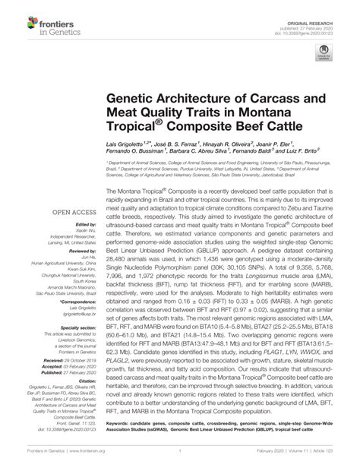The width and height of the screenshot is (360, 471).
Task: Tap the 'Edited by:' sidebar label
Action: (x=85, y=225)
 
